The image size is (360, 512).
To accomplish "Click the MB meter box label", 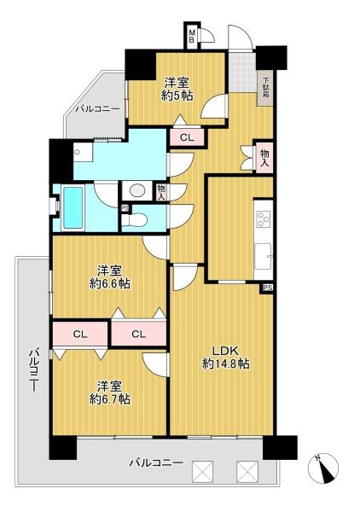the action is click(192, 36).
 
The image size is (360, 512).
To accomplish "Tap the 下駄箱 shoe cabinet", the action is click(266, 88).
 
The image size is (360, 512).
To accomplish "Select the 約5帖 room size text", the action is click(177, 96).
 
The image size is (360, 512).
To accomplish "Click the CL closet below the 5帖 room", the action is click(187, 137).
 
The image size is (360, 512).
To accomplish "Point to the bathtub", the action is click(73, 207).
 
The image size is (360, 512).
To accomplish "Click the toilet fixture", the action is click(135, 220).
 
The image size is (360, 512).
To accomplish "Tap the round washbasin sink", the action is click(137, 190).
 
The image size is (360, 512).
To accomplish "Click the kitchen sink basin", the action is click(264, 256).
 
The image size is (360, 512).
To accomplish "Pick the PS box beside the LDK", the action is click(268, 288).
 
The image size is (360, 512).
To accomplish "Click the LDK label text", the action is click(226, 351).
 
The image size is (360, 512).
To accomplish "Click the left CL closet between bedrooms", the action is click(80, 334).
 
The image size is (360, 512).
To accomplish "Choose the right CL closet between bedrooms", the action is click(139, 334).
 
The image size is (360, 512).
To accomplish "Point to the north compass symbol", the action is click(323, 468).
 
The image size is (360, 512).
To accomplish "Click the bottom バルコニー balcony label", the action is click(156, 463).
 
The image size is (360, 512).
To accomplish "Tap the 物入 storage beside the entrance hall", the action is click(264, 157).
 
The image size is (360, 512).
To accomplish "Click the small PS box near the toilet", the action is click(125, 208).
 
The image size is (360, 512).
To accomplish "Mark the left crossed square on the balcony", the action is click(202, 472).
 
